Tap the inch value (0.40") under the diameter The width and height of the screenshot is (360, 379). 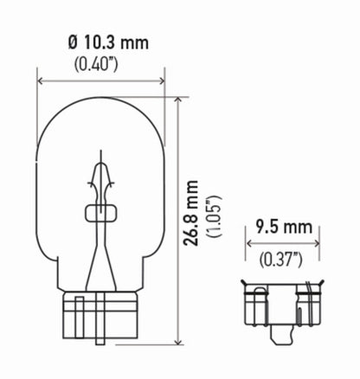point(101,62)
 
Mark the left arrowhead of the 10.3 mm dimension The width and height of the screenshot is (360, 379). point(40,80)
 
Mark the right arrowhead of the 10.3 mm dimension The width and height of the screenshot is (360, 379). point(162,80)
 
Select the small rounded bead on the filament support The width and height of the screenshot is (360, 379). point(100,213)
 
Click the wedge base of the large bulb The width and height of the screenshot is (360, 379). point(100,319)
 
